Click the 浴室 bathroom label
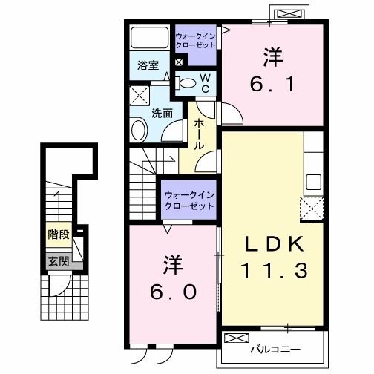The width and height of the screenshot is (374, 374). coord(148,65)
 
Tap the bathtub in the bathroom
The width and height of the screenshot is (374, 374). coord(149,39)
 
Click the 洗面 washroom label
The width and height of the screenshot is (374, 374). coord(163,114)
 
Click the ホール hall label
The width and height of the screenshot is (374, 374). coord(199,137)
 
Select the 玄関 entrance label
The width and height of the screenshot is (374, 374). coord(59,261)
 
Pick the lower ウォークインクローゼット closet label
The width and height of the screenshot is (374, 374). coord(188,200)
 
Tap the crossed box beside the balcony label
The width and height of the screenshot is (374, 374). coord(234,339)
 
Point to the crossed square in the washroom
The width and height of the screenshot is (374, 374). coord(138,96)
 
